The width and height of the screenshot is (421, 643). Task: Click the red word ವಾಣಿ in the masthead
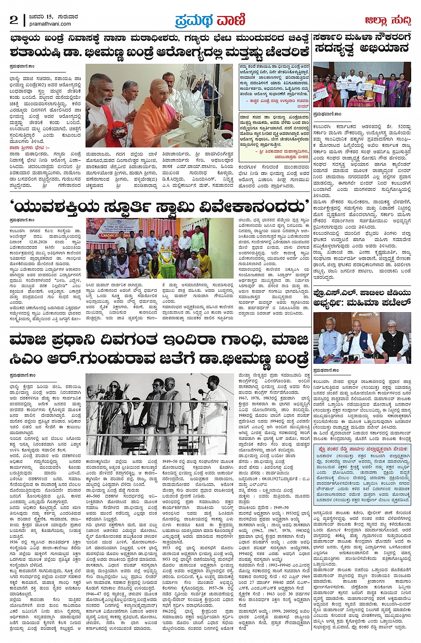pyautogui.click(x=231, y=20)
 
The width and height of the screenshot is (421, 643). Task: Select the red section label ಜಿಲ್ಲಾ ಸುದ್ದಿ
pyautogui.click(x=388, y=20)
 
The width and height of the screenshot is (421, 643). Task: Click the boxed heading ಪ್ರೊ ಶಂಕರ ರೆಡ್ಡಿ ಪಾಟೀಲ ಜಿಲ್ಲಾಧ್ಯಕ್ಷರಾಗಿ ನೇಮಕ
pyautogui.click(x=362, y=450)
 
